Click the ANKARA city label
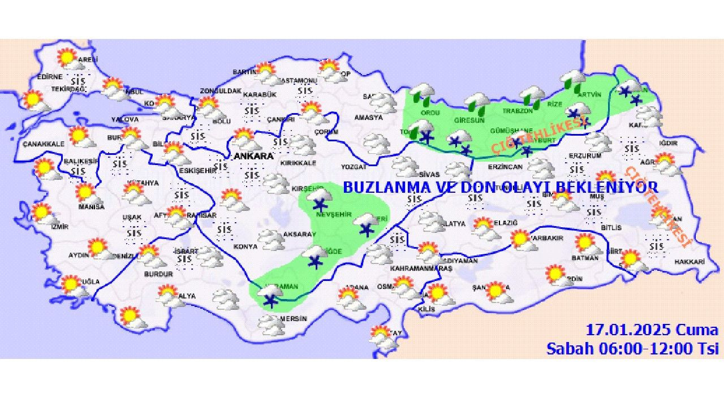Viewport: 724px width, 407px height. [x=254, y=156]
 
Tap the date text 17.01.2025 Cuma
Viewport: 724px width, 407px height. [x=652, y=330]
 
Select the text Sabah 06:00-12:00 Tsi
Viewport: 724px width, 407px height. [x=632, y=348]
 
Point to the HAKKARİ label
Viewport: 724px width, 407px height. [x=689, y=262]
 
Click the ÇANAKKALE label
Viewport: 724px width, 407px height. [x=44, y=144]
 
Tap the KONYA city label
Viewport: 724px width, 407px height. [x=245, y=246]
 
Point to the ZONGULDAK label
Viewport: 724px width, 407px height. [x=221, y=91]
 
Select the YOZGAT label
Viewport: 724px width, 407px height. [x=354, y=167]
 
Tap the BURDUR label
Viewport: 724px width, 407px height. [x=159, y=274]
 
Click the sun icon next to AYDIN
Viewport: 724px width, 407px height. [x=97, y=246]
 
